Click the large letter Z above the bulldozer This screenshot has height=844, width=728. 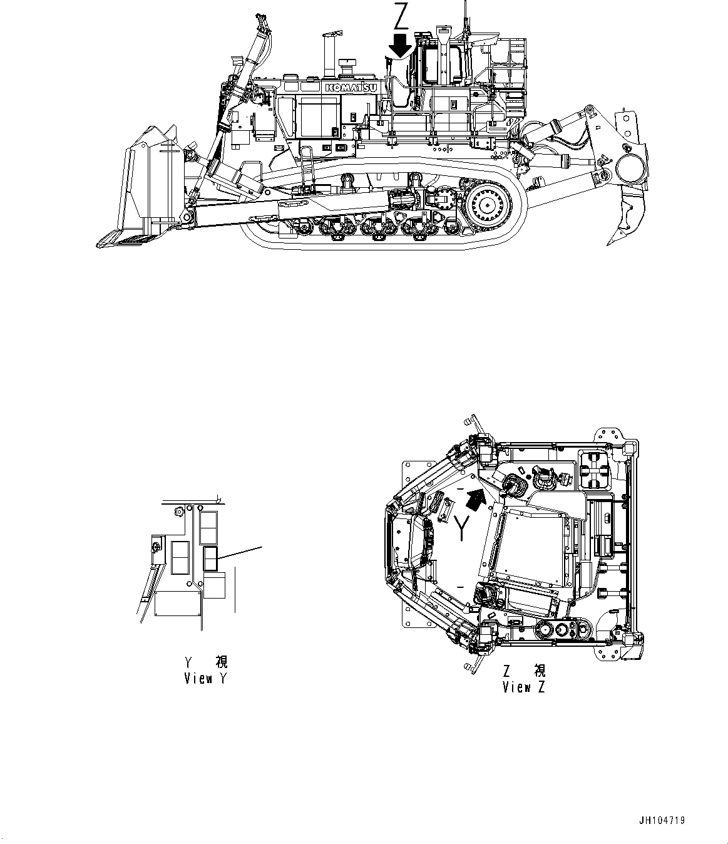(400, 17)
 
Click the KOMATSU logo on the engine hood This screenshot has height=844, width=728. (351, 88)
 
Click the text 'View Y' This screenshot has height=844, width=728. (205, 678)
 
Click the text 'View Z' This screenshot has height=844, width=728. (523, 687)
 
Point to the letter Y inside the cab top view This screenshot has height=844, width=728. (462, 528)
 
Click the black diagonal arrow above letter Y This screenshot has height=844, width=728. (477, 499)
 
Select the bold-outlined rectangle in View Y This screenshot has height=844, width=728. (210, 558)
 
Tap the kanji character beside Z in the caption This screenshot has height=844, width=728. (539, 671)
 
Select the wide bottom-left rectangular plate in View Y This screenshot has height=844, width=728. (178, 606)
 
